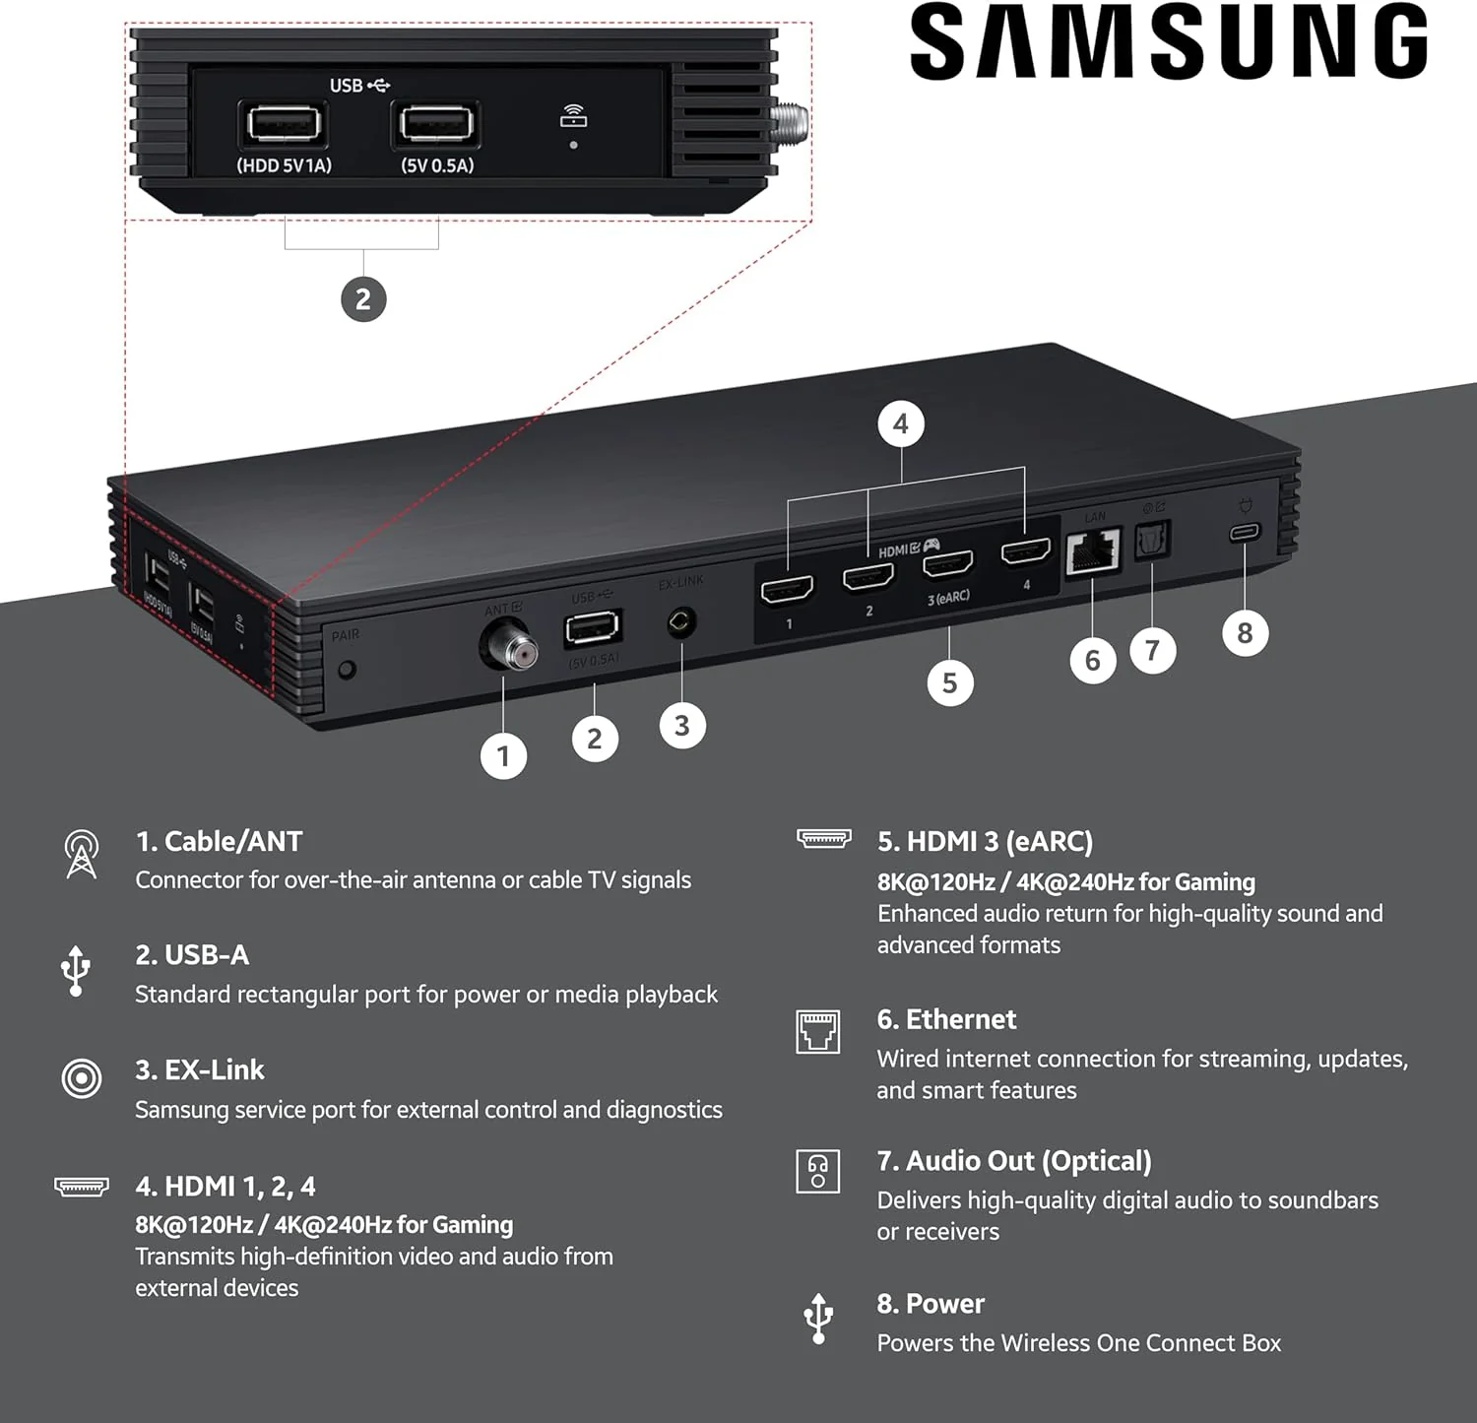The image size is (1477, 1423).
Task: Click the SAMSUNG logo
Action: click(1168, 41)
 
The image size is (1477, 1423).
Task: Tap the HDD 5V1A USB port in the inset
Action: click(284, 125)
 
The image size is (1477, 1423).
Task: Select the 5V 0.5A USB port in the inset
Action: click(436, 125)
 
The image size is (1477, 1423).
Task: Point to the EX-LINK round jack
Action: click(681, 622)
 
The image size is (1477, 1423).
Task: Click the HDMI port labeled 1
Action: click(788, 590)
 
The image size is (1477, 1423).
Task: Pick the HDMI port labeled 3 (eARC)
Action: click(947, 564)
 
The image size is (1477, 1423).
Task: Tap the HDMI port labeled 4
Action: click(1025, 552)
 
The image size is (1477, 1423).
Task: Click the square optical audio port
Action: click(1152, 539)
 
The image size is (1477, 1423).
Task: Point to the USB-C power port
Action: click(1245, 533)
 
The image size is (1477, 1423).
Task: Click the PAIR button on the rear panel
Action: click(346, 671)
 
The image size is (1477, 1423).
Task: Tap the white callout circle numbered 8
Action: click(1245, 633)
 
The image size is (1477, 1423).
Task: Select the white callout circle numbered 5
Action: click(949, 683)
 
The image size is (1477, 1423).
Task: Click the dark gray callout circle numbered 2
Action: click(363, 298)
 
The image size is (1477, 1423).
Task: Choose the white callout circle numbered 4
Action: click(900, 424)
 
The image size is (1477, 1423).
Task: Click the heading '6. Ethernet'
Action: click(946, 1019)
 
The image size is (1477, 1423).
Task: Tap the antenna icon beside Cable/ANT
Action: click(81, 853)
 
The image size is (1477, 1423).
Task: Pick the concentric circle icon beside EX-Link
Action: click(81, 1078)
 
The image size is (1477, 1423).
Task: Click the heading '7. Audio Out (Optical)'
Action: click(1014, 1161)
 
